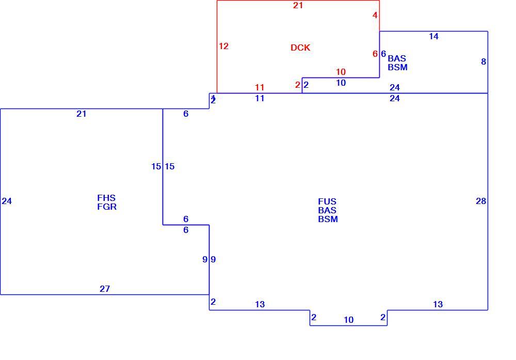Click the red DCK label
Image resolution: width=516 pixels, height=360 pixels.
pos(300,48)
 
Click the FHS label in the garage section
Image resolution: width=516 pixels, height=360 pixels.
pos(106,198)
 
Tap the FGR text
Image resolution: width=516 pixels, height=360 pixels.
pos(107,207)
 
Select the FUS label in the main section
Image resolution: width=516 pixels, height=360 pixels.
pos(327,201)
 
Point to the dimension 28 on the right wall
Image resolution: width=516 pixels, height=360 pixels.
pos(481,201)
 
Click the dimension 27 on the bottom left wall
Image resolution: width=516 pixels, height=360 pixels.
pos(105,289)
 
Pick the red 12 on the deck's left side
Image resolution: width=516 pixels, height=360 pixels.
pos(223,46)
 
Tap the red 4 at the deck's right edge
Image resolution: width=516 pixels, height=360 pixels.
pos(375,15)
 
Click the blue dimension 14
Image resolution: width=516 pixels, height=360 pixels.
pos(434,37)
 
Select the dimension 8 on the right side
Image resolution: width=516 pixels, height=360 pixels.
pos(483,61)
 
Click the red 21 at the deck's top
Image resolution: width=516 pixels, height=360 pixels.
pos(298,5)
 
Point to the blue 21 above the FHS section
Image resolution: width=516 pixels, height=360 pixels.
pos(82,114)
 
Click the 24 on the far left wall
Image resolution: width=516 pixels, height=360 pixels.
pos(7,201)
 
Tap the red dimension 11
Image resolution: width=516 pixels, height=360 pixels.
pos(260,88)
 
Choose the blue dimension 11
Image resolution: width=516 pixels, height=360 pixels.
pos(260,99)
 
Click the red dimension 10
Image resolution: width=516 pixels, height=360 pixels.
pos(341,72)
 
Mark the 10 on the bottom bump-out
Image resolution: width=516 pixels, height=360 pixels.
pos(348,320)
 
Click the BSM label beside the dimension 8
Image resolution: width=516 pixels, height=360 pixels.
pos(397,67)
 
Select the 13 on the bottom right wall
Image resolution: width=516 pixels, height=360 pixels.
pos(438,304)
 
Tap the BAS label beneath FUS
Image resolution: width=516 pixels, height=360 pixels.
pos(327,210)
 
